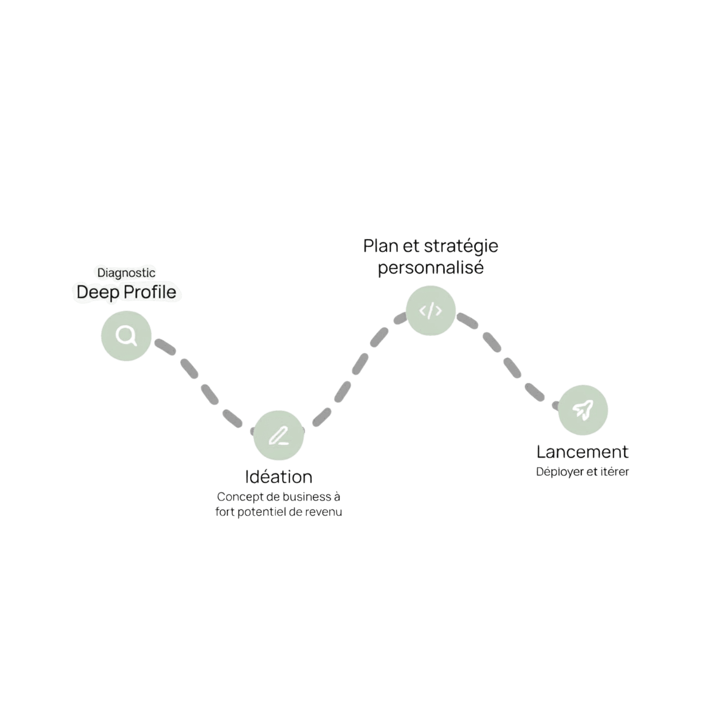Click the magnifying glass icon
(x=126, y=335)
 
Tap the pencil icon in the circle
(x=278, y=435)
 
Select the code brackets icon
(x=431, y=310)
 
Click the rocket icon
(x=583, y=409)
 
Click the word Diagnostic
(x=126, y=272)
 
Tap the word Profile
(x=149, y=292)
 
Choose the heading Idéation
(x=279, y=477)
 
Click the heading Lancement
(x=583, y=452)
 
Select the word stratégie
(x=461, y=246)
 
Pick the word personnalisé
(x=431, y=268)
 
